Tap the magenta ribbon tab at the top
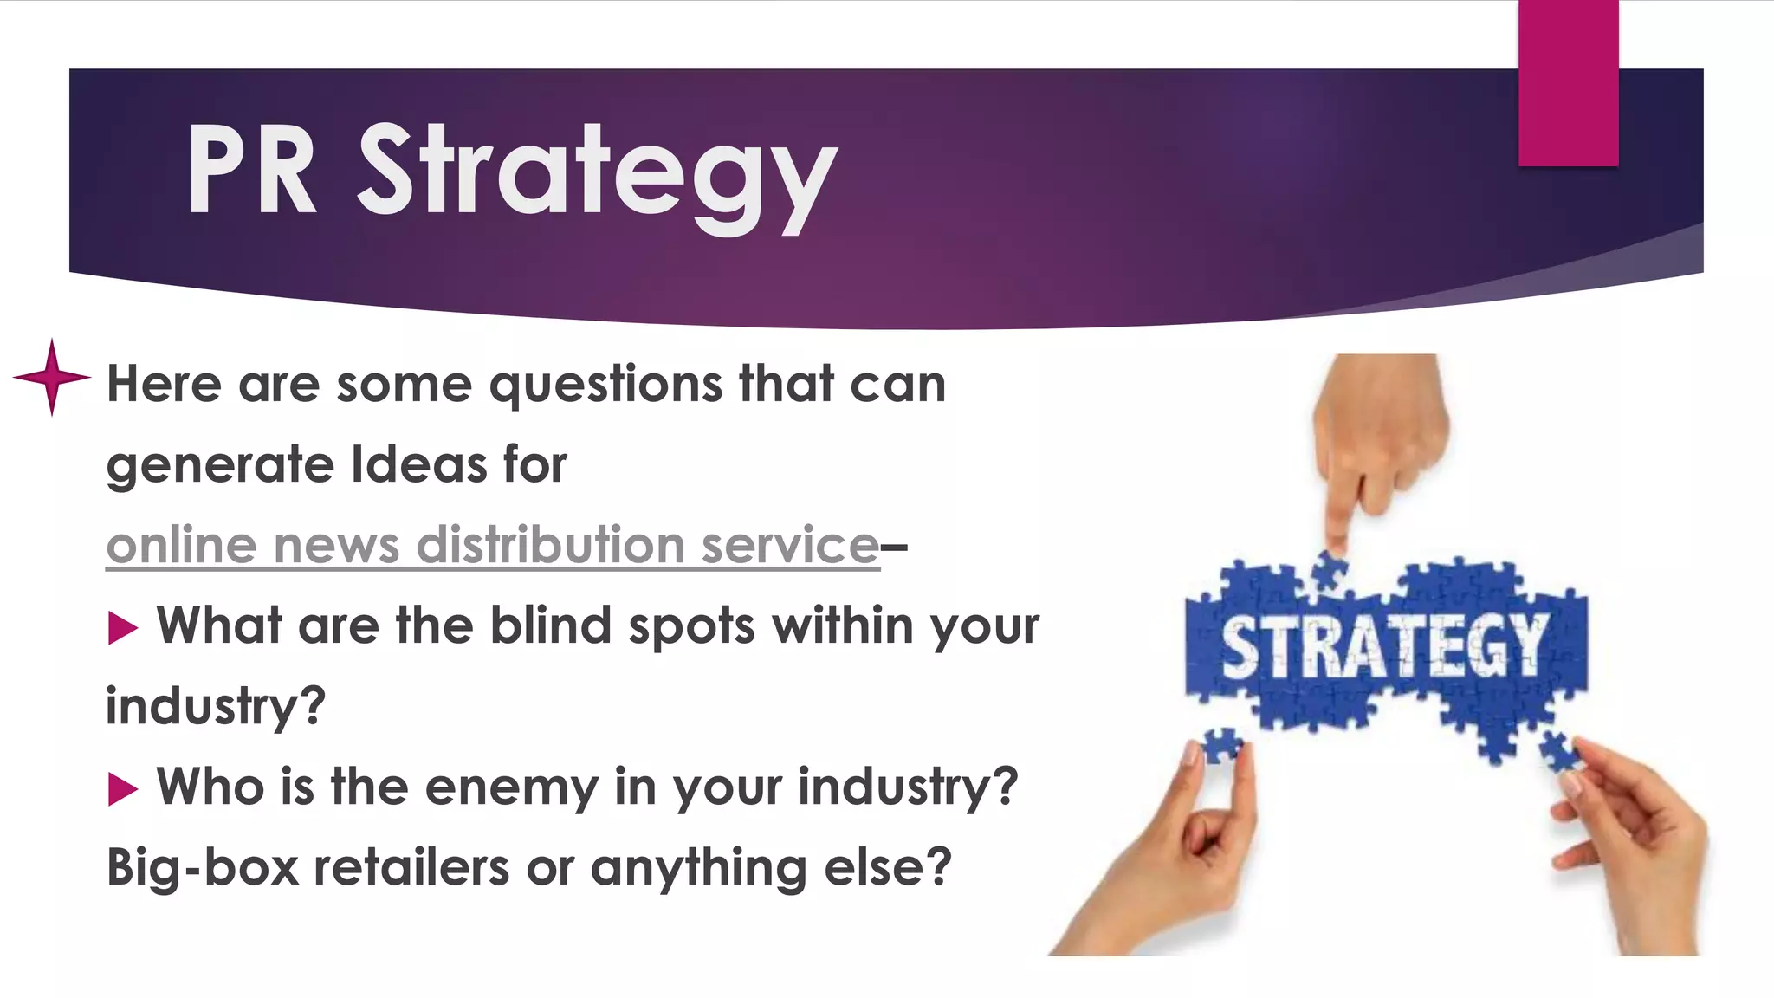(x=1568, y=82)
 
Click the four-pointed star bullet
(x=52, y=377)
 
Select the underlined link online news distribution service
(x=492, y=546)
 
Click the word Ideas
(x=419, y=464)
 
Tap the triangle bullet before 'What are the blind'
(x=123, y=627)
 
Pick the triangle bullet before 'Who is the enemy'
(x=123, y=788)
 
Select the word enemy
(x=511, y=788)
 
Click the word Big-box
(x=203, y=867)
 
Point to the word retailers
(x=411, y=867)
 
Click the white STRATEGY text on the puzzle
(x=1383, y=645)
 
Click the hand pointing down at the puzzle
(x=1377, y=450)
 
